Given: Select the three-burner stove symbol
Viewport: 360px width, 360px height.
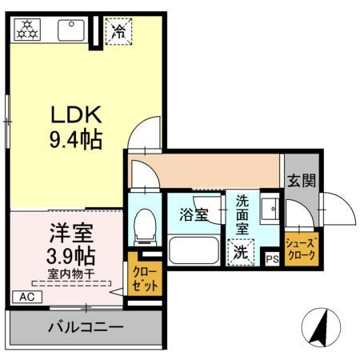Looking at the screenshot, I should [x=26, y=30].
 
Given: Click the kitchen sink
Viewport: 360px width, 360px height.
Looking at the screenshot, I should [x=70, y=30].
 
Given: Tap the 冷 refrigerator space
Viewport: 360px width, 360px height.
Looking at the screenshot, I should [x=118, y=32].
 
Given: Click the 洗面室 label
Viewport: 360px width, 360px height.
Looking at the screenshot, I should [x=241, y=214].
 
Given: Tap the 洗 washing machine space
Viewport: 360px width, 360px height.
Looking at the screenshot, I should [x=241, y=252].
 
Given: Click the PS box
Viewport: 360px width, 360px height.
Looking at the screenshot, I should [x=272, y=258].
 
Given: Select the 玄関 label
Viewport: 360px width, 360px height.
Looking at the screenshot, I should [x=302, y=181].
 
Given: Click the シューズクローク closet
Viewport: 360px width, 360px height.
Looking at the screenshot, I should [x=302, y=248].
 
